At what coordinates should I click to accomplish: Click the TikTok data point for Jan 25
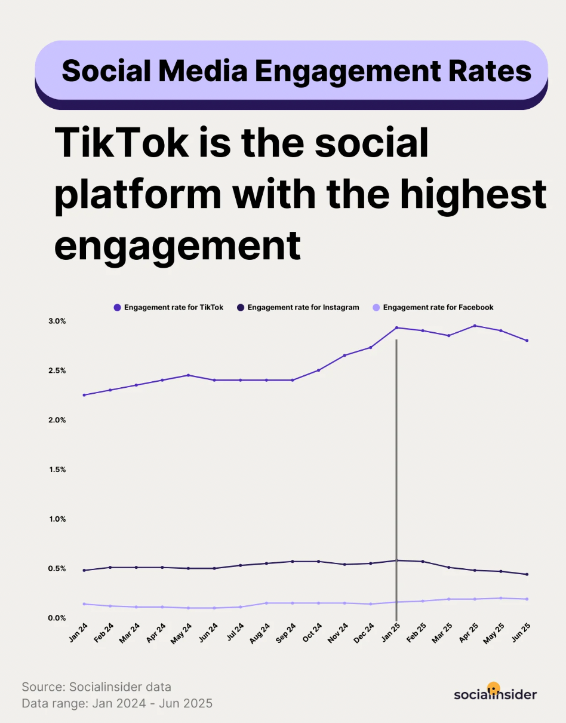pyautogui.click(x=396, y=327)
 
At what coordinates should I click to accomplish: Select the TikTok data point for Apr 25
pyautogui.click(x=475, y=326)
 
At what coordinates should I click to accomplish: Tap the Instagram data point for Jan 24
pyautogui.click(x=84, y=570)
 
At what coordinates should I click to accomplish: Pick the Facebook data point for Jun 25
pyautogui.click(x=527, y=599)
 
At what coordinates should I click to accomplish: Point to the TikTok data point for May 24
pyautogui.click(x=188, y=375)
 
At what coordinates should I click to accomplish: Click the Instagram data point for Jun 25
pyautogui.click(x=527, y=574)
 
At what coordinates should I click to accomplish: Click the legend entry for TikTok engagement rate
pyautogui.click(x=168, y=307)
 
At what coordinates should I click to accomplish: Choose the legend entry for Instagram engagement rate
pyautogui.click(x=298, y=307)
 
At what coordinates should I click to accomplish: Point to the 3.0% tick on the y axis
pyautogui.click(x=57, y=321)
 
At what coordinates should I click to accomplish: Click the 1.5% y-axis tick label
pyautogui.click(x=57, y=469)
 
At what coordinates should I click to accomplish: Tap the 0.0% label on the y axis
pyautogui.click(x=57, y=617)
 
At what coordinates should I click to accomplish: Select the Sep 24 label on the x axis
pyautogui.click(x=286, y=633)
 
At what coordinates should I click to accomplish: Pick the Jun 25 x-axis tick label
pyautogui.click(x=521, y=633)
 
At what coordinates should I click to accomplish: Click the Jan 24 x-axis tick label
pyautogui.click(x=78, y=633)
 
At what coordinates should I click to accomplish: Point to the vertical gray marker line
pyautogui.click(x=396, y=478)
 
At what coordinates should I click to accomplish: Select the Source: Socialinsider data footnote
pyautogui.click(x=96, y=687)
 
